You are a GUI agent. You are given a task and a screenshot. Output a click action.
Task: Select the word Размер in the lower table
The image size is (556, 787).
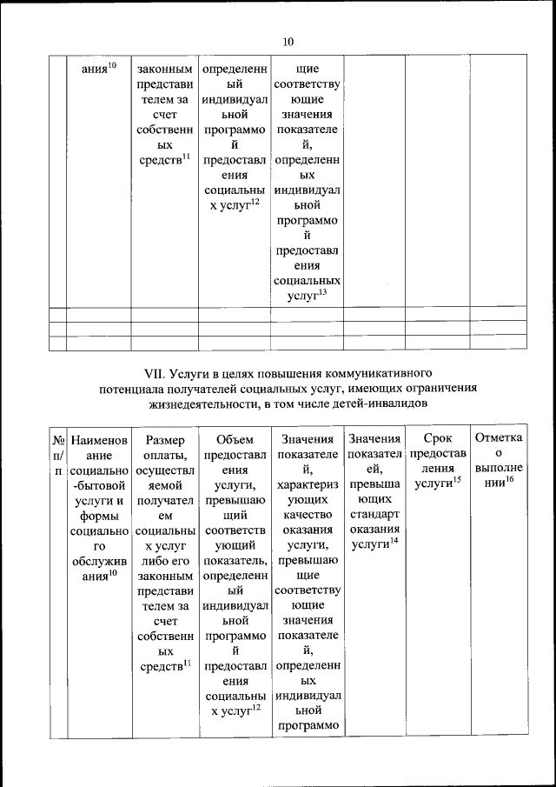pyautogui.click(x=164, y=441)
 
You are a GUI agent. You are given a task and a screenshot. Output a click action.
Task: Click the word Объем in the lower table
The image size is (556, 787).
pyautogui.click(x=235, y=441)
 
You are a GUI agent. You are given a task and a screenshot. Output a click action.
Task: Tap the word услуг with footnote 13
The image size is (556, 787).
pyautogui.click(x=302, y=297)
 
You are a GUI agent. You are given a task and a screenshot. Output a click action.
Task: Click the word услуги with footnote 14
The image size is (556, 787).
pyautogui.click(x=369, y=545)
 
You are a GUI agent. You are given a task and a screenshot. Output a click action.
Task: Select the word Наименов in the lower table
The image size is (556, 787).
pyautogui.click(x=99, y=441)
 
